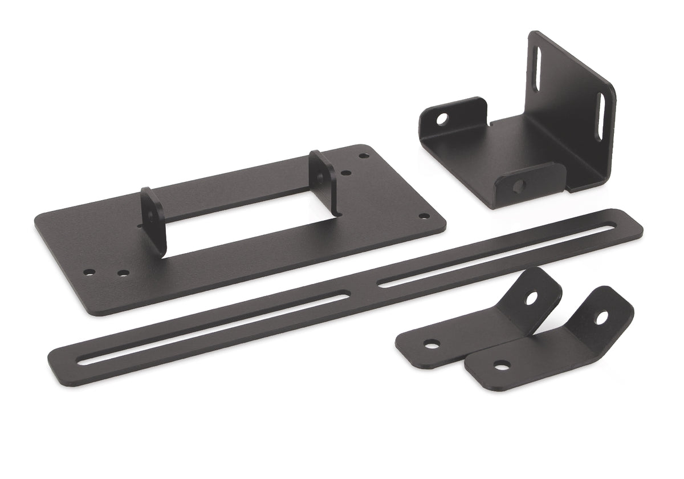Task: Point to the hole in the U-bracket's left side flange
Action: [442, 119]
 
